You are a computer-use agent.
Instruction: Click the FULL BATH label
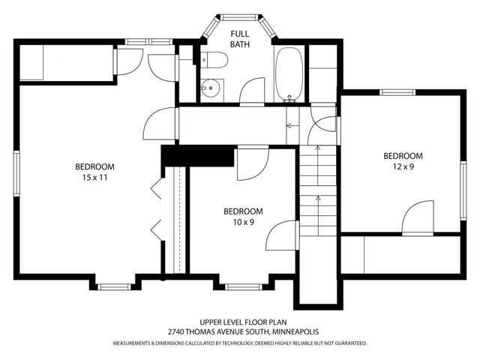pyautogui.click(x=240, y=39)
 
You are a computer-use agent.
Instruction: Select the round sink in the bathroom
pyautogui.click(x=210, y=88)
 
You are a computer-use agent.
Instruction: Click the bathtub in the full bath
pyautogui.click(x=289, y=74)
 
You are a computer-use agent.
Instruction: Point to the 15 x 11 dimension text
pyautogui.click(x=94, y=178)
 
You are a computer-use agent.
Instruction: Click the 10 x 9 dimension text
pyautogui.click(x=243, y=222)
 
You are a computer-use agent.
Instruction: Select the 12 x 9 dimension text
pyautogui.click(x=403, y=166)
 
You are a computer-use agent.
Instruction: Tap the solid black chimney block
pyautogui.click(x=198, y=156)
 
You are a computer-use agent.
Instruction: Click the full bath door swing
pyautogui.click(x=252, y=91)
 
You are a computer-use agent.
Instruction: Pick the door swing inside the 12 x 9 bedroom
pyautogui.click(x=418, y=217)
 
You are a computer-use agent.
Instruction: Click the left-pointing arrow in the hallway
pyautogui.click(x=292, y=125)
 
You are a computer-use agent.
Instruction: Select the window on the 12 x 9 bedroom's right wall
pyautogui.click(x=463, y=190)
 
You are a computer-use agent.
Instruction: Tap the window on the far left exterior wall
pyautogui.click(x=16, y=173)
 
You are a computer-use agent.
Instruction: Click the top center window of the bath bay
pyautogui.click(x=239, y=17)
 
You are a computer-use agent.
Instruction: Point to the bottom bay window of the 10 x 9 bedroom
pyautogui.click(x=244, y=286)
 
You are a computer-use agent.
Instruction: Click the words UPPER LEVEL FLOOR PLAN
pyautogui.click(x=243, y=322)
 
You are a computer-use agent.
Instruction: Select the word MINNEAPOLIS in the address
pyautogui.click(x=295, y=331)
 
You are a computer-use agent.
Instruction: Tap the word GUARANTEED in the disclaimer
pyautogui.click(x=351, y=343)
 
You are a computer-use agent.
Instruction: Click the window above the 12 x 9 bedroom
pyautogui.click(x=397, y=92)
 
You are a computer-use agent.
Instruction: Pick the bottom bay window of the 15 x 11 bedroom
pyautogui.click(x=114, y=286)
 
